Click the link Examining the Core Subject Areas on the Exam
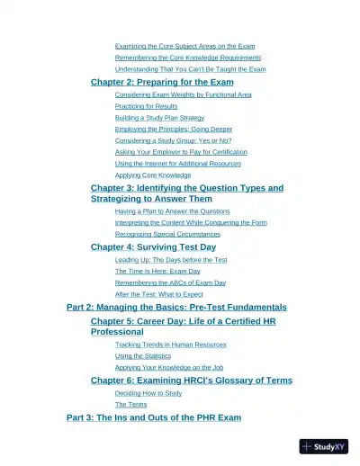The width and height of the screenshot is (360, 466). click(x=184, y=46)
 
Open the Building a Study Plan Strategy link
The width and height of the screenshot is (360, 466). click(x=159, y=118)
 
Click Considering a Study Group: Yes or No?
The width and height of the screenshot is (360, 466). click(x=173, y=140)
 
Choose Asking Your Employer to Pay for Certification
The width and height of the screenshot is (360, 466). click(x=181, y=152)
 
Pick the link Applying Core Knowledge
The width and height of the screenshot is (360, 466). click(x=153, y=175)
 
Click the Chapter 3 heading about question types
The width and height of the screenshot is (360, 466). click(x=186, y=188)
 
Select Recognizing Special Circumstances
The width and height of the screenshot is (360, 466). click(x=167, y=234)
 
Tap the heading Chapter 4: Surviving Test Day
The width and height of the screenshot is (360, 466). click(x=153, y=246)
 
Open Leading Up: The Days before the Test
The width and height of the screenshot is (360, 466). click(x=171, y=260)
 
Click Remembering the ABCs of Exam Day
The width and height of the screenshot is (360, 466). click(x=170, y=282)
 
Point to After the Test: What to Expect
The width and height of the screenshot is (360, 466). click(x=158, y=294)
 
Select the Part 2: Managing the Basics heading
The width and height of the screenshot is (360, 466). click(x=176, y=307)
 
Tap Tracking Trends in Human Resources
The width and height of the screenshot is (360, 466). click(x=170, y=345)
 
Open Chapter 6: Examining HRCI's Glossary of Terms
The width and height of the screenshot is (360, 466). click(x=192, y=381)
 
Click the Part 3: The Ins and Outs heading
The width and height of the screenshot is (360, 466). click(x=154, y=417)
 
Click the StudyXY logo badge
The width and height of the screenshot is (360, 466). click(x=323, y=446)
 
